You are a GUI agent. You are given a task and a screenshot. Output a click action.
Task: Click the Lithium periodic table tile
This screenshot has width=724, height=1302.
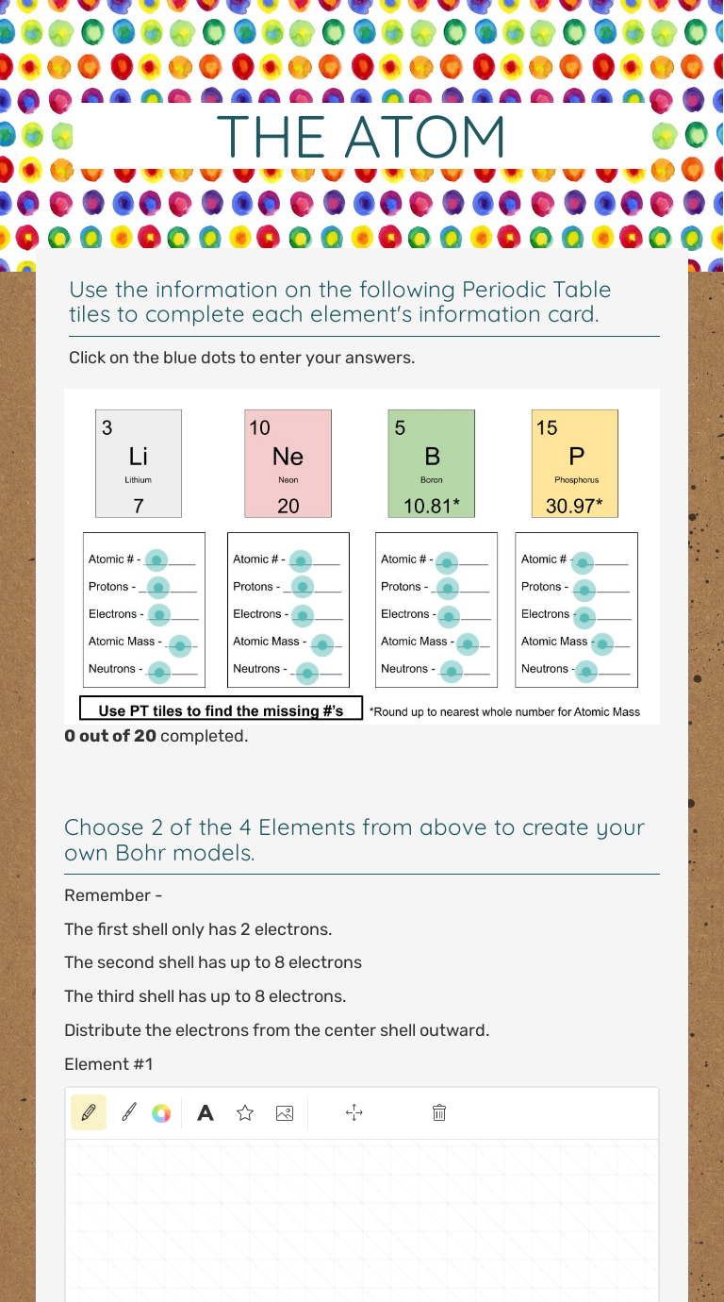click(x=139, y=463)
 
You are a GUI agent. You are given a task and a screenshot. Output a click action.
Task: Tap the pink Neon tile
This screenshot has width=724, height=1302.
click(x=288, y=463)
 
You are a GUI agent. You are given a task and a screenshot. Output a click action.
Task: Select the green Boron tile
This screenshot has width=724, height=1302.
click(x=432, y=463)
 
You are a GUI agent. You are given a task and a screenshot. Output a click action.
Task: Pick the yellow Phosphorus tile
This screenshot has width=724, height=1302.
click(x=575, y=463)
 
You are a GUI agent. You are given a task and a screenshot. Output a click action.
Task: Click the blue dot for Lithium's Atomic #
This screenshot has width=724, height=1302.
click(x=157, y=559)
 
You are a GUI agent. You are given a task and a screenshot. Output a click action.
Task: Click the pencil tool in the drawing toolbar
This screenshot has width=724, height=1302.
click(x=89, y=1113)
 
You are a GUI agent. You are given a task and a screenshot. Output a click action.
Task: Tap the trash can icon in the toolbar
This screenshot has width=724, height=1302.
click(x=438, y=1113)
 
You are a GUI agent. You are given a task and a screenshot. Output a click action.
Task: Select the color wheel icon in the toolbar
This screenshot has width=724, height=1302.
click(x=161, y=1113)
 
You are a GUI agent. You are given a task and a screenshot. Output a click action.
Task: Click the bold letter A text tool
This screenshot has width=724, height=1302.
click(x=205, y=1113)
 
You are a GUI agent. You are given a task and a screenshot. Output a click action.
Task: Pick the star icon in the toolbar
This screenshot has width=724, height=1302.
click(x=245, y=1113)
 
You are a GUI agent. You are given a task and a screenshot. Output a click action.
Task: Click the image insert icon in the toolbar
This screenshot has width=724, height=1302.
click(x=284, y=1113)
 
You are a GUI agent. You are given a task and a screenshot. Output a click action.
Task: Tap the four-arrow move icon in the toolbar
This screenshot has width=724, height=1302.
click(x=354, y=1113)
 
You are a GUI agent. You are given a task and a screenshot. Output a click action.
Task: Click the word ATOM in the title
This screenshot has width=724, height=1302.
click(x=425, y=138)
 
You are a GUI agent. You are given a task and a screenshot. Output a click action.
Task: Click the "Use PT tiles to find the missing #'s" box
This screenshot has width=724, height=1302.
click(x=221, y=710)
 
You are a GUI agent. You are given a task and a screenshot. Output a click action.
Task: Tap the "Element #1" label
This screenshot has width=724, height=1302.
click(x=108, y=1064)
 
